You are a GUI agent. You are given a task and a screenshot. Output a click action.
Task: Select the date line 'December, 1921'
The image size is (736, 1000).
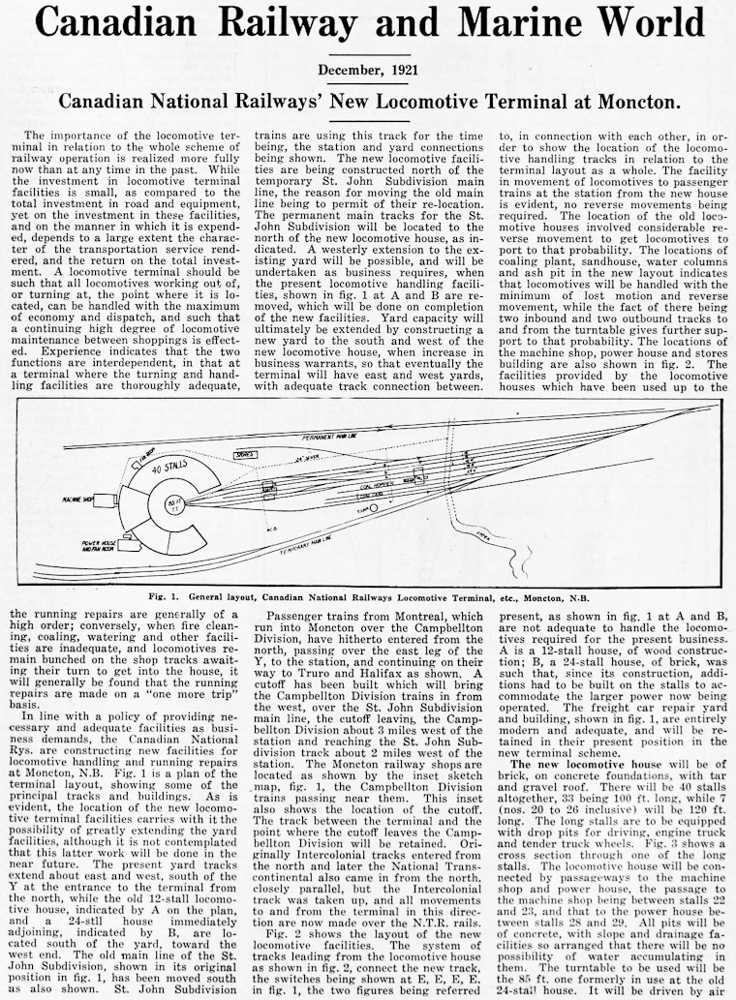click(x=368, y=70)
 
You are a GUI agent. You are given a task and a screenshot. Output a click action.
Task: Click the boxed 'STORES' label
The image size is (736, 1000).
click(x=246, y=453)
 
